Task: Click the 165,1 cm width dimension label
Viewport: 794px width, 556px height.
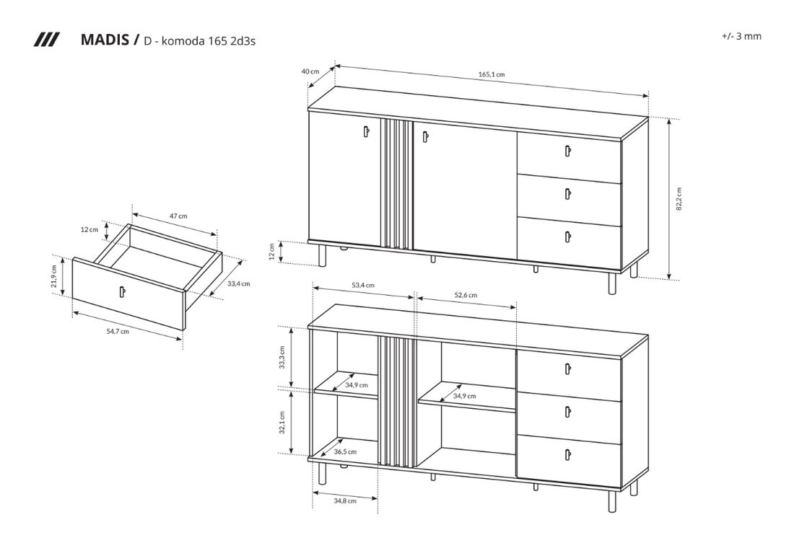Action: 491,74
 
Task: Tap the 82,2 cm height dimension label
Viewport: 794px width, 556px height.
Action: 679,199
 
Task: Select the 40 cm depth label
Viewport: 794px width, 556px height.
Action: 310,71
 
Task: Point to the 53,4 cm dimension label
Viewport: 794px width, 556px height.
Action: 363,286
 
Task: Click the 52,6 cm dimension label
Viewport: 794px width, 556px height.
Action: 466,295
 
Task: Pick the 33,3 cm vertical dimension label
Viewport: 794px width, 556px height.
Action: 282,357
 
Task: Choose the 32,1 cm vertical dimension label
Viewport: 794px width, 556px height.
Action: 282,422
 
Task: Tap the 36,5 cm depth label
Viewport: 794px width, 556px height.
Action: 345,451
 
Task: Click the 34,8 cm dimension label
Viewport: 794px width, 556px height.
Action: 345,501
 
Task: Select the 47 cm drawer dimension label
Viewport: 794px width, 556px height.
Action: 178,216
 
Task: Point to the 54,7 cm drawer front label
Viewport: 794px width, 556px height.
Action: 118,332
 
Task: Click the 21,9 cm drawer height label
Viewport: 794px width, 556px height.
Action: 53,276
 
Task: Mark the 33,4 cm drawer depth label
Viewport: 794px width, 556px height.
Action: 238,284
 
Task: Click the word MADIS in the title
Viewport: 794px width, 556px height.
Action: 105,40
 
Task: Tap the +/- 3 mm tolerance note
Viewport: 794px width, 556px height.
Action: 741,36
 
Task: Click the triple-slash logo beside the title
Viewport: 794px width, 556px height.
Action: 47,40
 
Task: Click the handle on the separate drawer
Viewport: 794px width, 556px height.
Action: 122,292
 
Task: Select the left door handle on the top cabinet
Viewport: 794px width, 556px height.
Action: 366,131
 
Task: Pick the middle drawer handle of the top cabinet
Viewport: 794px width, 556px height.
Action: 567,194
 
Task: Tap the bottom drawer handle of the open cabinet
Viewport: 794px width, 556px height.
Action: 567,454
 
